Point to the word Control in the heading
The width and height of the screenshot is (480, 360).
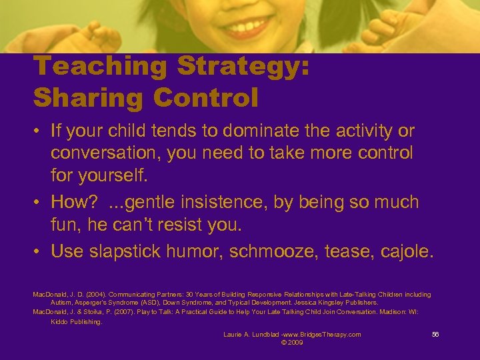tap(207, 97)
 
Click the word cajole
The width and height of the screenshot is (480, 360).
tap(405, 251)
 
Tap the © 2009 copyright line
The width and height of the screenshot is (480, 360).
tap(292, 342)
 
